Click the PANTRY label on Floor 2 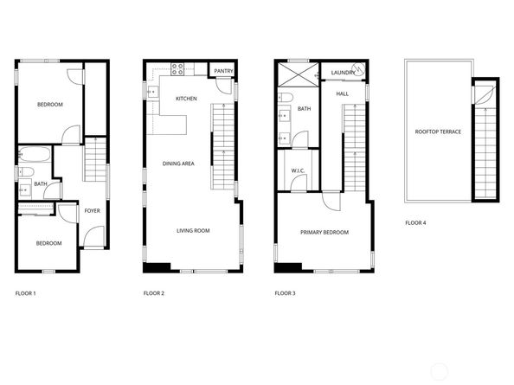point(222,71)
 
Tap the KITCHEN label point(186,99)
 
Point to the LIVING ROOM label point(194,231)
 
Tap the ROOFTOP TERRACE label point(438,132)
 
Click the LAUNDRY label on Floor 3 point(341,73)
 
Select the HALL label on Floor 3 point(342,93)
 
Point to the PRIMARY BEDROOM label point(324,233)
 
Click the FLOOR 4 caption point(415,223)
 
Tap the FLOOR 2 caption point(154,294)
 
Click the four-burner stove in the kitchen point(177,69)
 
